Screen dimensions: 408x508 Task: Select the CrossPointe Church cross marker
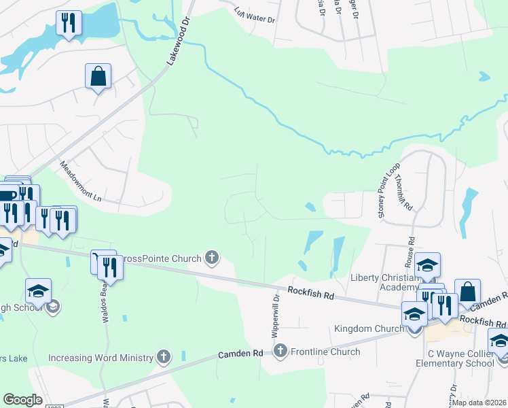pyautogui.click(x=212, y=258)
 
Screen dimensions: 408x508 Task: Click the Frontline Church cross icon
pyautogui.click(x=280, y=351)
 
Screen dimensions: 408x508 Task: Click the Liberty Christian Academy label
pyautogui.click(x=384, y=282)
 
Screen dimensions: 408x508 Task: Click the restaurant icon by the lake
pyautogui.click(x=68, y=23)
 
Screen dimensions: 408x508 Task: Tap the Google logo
pyautogui.click(x=22, y=399)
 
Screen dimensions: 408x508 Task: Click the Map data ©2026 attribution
pyautogui.click(x=479, y=403)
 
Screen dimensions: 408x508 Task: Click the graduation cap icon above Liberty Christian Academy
pyautogui.click(x=427, y=265)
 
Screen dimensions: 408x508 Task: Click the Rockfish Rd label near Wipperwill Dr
pyautogui.click(x=310, y=294)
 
